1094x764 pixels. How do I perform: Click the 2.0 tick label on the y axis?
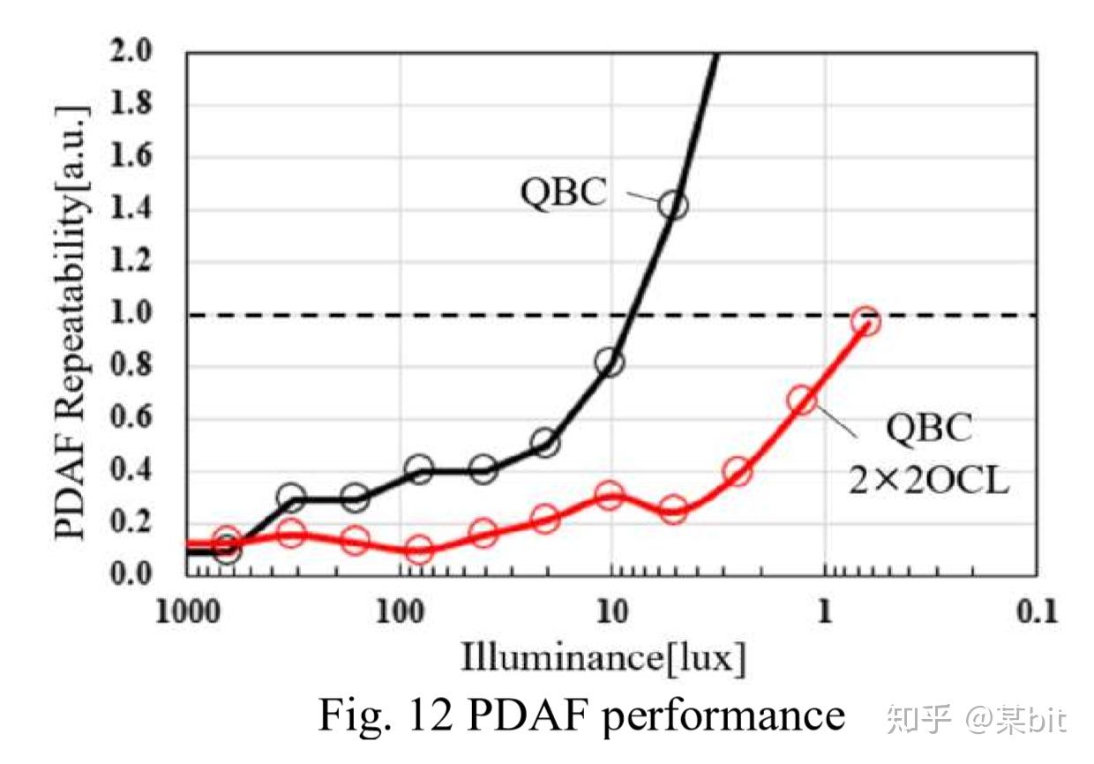pyautogui.click(x=131, y=50)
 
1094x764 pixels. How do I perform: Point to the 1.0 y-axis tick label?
pyautogui.click(x=131, y=312)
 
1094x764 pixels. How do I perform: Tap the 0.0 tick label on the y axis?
pyautogui.click(x=131, y=573)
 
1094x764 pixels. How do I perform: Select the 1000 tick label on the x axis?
pyautogui.click(x=188, y=611)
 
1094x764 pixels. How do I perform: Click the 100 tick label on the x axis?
pyautogui.click(x=400, y=611)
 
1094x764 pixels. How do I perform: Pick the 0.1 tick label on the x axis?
pyautogui.click(x=1037, y=611)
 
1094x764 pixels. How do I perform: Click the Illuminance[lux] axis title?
pyautogui.click(x=603, y=658)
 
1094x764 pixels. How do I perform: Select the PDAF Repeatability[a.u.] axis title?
pyautogui.click(x=71, y=322)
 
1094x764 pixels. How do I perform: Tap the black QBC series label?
pyautogui.click(x=564, y=192)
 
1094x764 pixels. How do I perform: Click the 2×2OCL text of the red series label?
pyautogui.click(x=929, y=481)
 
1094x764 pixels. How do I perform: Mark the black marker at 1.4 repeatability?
pyautogui.click(x=673, y=206)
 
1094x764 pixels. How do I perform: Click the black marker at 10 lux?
pyautogui.click(x=609, y=363)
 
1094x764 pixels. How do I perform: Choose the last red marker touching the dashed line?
pyautogui.click(x=865, y=321)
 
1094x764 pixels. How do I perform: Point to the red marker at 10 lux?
pyautogui.click(x=609, y=495)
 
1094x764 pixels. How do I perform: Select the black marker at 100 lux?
pyautogui.click(x=419, y=469)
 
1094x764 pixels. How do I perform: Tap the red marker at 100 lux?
pyautogui.click(x=419, y=549)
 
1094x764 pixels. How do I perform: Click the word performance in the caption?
pyautogui.click(x=723, y=716)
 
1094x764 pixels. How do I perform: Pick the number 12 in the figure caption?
pyautogui.click(x=431, y=714)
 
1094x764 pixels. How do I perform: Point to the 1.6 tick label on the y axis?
pyautogui.click(x=131, y=155)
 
